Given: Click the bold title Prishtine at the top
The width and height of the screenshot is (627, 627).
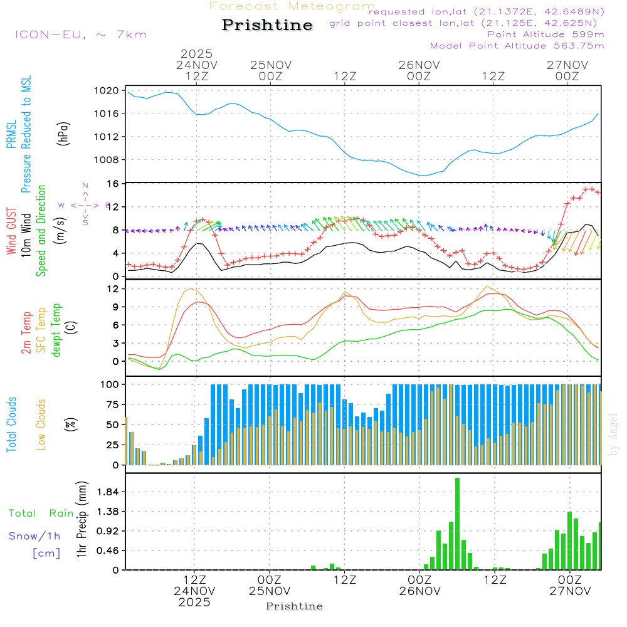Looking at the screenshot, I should [x=267, y=25].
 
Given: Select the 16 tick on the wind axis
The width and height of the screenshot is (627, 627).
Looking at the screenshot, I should [x=114, y=184].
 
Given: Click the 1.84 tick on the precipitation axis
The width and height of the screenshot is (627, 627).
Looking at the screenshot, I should [x=107, y=492].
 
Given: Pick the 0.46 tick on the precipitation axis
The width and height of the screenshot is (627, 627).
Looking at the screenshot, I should [x=107, y=551].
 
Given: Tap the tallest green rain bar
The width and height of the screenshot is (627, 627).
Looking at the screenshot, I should [x=458, y=524].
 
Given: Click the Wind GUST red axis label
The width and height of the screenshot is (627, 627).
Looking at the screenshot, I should [x=11, y=233].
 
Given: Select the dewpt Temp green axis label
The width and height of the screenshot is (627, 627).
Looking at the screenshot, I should [x=56, y=330].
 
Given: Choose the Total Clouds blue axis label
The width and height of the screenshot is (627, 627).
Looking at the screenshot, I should [x=11, y=424].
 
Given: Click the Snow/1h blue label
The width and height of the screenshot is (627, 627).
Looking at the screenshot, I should [x=34, y=536].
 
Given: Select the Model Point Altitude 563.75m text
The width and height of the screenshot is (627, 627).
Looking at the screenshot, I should [x=517, y=46].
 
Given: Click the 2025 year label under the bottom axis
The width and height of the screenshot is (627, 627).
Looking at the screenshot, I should [x=194, y=603].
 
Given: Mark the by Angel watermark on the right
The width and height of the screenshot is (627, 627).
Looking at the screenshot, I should [x=614, y=435].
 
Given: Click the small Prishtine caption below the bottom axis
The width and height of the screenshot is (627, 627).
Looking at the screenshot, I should [x=294, y=606].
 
